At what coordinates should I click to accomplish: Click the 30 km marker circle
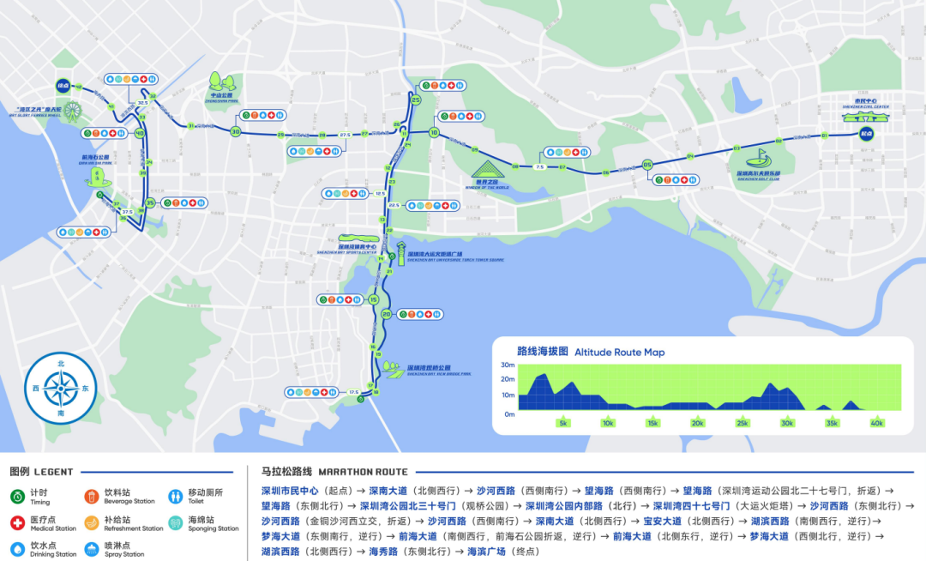tap(235, 131)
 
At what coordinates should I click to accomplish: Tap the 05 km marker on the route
tap(647, 165)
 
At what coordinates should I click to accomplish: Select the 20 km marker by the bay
tap(387, 314)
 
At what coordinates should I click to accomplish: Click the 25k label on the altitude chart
tap(742, 423)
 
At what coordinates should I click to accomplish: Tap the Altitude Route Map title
tap(619, 352)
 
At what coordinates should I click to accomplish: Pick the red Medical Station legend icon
tap(17, 522)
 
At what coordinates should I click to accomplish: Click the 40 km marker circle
tap(139, 133)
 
